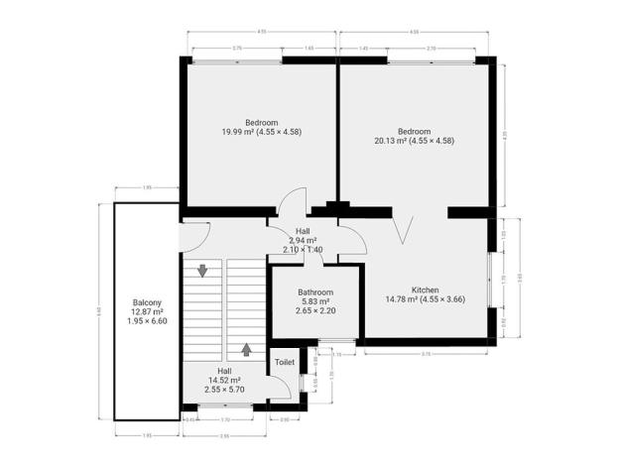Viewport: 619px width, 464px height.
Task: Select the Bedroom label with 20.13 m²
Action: coord(414,131)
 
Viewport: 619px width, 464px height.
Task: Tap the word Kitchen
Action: coord(426,289)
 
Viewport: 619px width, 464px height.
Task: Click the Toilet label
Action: coord(285,363)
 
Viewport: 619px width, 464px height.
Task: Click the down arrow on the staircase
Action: coord(202,270)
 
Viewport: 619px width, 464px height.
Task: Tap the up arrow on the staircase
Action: coord(245,349)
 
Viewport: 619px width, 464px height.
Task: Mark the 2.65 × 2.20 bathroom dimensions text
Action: coord(316,311)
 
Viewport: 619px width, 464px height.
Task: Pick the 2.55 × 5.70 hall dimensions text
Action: coord(225,389)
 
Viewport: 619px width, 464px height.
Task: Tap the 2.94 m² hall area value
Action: coord(303,240)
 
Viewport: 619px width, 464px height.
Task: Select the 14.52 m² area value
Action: coord(225,380)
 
